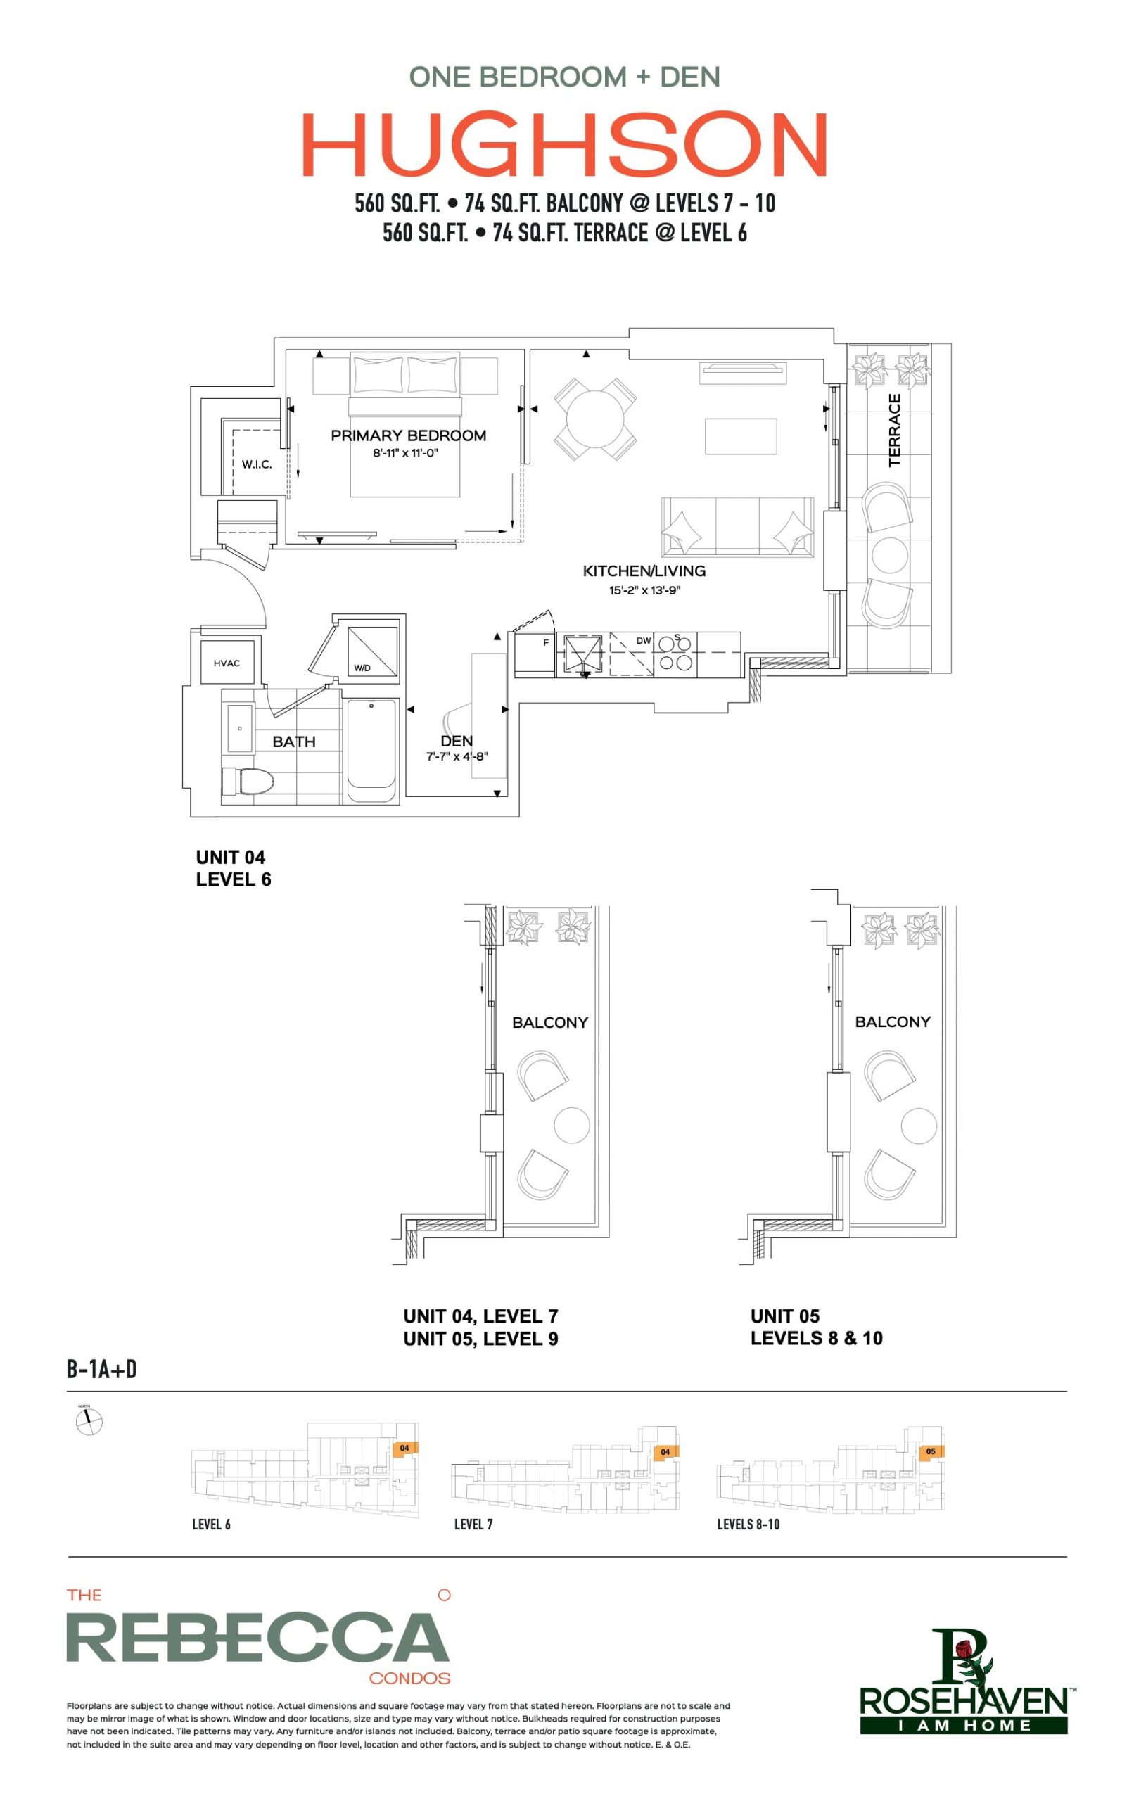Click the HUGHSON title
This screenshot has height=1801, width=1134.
565,144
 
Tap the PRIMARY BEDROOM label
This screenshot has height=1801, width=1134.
409,435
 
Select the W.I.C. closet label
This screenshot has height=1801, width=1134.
257,464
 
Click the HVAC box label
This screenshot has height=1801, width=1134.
227,663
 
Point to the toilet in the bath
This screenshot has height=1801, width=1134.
248,782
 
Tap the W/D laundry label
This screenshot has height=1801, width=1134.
362,668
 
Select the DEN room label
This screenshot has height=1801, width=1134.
457,740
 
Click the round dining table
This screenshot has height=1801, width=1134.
595,419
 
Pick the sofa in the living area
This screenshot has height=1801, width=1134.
737,526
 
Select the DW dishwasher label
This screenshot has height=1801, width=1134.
643,641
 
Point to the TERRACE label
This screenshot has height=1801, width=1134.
895,430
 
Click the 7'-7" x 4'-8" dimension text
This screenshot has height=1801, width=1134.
457,756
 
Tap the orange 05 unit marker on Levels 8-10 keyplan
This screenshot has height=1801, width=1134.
931,1451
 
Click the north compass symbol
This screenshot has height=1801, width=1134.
89,1422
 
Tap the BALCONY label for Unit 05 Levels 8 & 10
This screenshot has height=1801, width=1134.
893,1022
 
